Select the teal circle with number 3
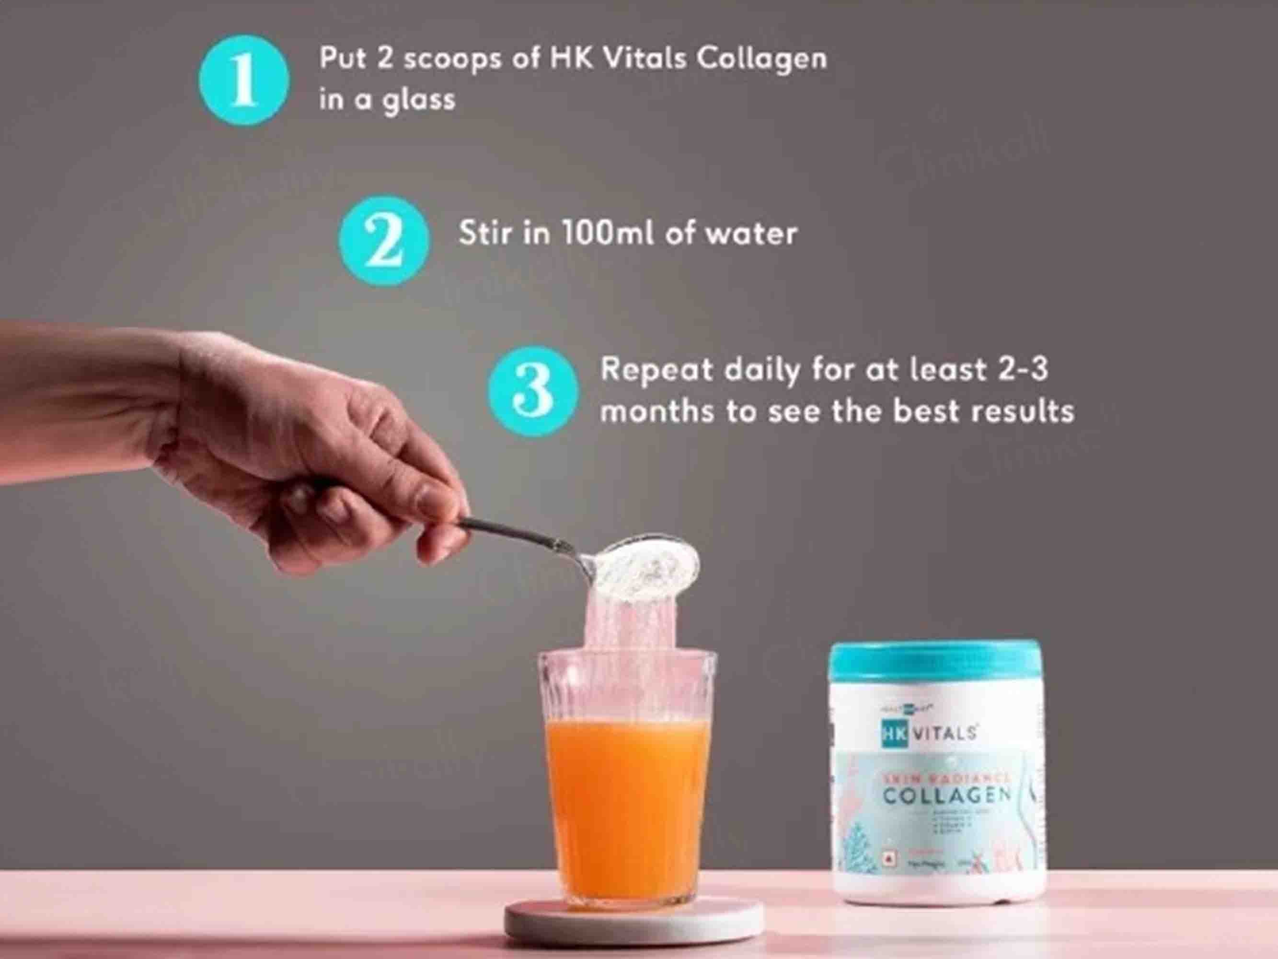point(533,391)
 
